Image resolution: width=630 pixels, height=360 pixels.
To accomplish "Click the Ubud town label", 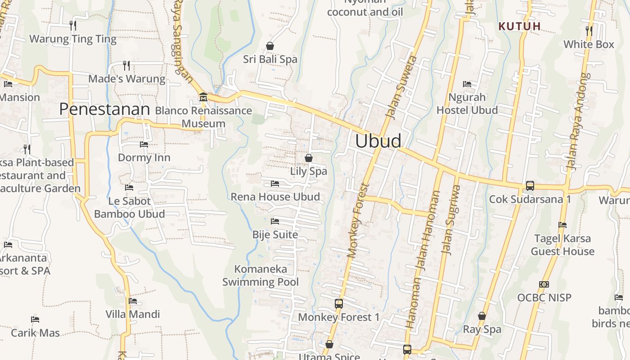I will (x=378, y=141).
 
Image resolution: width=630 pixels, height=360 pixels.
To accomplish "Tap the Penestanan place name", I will (x=104, y=109).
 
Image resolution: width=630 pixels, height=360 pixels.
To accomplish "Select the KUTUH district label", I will (x=520, y=26).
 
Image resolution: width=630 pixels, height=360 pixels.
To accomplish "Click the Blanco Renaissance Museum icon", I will (x=203, y=97).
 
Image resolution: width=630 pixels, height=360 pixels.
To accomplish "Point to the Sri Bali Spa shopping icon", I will (x=270, y=46).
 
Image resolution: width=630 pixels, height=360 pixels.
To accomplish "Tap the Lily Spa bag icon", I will (x=309, y=158).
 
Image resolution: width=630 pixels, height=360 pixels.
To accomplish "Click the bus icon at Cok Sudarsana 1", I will (x=530, y=185).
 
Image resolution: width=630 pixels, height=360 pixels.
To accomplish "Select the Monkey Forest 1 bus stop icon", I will (x=339, y=304).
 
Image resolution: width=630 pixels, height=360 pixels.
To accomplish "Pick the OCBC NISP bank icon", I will (x=544, y=284).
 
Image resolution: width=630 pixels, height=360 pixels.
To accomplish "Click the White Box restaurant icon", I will (x=589, y=31).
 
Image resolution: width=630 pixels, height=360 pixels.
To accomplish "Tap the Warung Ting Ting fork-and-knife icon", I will (x=73, y=25).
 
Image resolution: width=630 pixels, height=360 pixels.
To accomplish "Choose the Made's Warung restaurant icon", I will (x=126, y=66).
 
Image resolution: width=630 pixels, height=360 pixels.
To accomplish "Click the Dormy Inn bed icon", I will (x=144, y=144).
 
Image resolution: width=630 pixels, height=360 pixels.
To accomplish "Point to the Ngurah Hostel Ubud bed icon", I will (x=467, y=84).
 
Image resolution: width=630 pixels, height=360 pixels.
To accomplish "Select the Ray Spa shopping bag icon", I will (x=482, y=316).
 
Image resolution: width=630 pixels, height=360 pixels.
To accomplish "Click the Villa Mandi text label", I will (x=133, y=314).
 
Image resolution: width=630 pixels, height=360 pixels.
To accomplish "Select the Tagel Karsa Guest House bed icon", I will (x=562, y=225).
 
